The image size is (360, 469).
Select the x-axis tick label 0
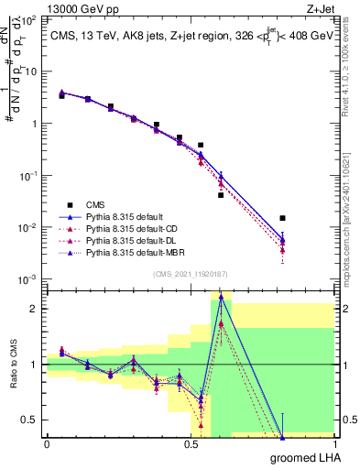pos(46,445)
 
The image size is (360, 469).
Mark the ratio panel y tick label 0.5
pos(30,420)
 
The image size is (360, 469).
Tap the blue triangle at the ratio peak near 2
pos(221,298)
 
